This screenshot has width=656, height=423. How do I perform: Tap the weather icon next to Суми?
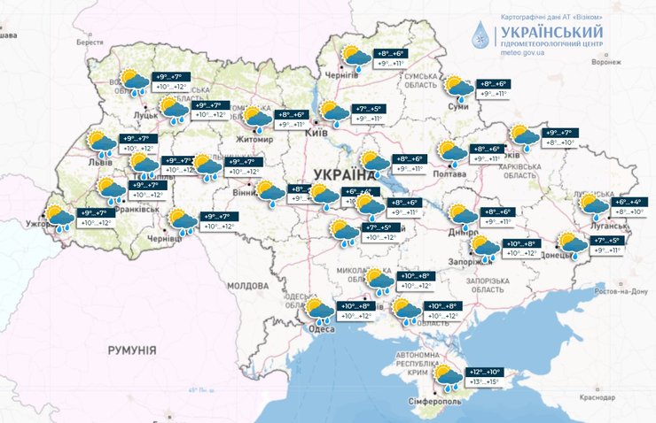click(458, 88)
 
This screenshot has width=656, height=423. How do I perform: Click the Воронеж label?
click(605, 62)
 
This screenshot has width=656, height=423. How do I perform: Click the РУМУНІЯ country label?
click(132, 351)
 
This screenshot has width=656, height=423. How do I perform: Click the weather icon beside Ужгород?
click(60, 218)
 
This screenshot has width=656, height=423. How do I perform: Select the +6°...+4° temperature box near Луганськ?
click(632, 202)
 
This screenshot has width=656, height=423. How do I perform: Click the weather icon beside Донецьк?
click(568, 243)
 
